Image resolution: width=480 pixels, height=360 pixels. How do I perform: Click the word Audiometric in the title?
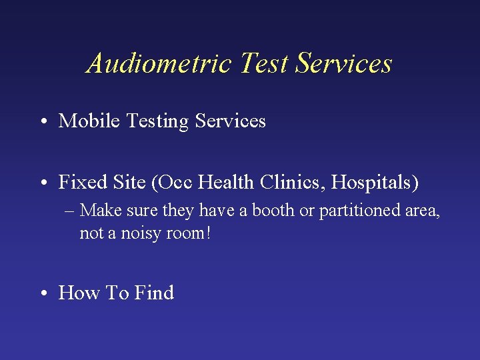159,64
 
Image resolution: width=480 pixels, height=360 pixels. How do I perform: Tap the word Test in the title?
264,64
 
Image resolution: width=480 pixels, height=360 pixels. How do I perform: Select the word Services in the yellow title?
344,64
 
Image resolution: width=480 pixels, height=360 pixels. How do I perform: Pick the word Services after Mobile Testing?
231,121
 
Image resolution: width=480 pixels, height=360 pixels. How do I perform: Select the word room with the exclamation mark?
188,234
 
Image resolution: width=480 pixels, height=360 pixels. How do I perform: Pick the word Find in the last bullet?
154,293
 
